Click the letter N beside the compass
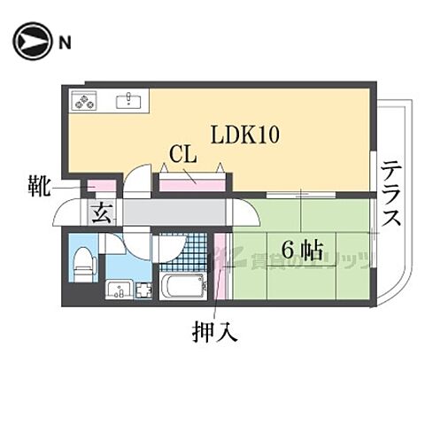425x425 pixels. [65, 42]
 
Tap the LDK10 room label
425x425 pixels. [244, 135]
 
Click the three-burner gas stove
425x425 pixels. [85, 102]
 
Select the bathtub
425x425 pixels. [182, 289]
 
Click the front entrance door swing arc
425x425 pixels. [66, 215]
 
